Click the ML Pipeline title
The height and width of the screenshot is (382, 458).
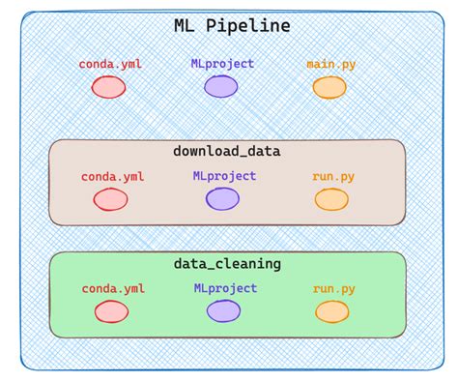[x=231, y=26]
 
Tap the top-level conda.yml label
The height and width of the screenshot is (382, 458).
[x=109, y=65]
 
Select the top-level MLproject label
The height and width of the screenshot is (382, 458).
[x=222, y=64]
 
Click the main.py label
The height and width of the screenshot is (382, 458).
[x=330, y=65]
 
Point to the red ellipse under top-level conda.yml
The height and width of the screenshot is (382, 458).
[x=109, y=87]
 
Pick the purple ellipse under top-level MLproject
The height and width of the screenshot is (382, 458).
[x=221, y=87]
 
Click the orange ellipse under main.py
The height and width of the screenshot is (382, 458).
[x=329, y=88]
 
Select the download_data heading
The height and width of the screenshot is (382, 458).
[x=227, y=152]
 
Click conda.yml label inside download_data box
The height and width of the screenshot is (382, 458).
[x=110, y=177]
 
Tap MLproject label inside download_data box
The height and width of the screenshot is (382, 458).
[x=224, y=176]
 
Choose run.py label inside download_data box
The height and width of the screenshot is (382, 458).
[x=331, y=177]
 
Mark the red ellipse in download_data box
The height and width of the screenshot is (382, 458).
[x=110, y=200]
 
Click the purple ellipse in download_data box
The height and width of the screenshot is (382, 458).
[x=222, y=199]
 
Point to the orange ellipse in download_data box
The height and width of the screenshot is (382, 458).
[x=331, y=200]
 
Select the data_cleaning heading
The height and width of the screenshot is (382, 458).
[x=227, y=263]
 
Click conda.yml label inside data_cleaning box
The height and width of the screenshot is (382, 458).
[x=112, y=288]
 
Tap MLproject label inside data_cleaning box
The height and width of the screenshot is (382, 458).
[x=225, y=288]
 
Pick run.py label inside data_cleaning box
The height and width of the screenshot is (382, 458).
[x=332, y=288]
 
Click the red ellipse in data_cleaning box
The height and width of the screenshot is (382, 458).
[x=111, y=311]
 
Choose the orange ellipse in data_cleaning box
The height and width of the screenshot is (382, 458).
[x=331, y=311]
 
